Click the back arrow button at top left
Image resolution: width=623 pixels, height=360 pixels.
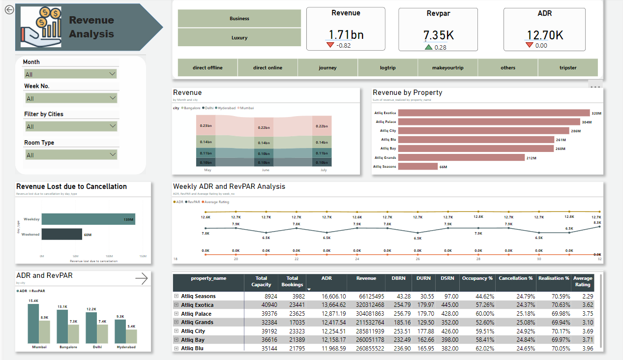tap(9, 10)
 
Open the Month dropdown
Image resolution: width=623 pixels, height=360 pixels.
tap(70, 74)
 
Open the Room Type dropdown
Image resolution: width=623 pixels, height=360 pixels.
tap(70, 155)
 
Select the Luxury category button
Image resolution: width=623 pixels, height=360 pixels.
tap(239, 37)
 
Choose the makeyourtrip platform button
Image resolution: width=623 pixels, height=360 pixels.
tap(447, 67)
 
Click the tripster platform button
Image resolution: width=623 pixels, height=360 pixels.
tap(567, 67)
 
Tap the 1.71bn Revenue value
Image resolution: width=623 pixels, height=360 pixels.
tap(346, 35)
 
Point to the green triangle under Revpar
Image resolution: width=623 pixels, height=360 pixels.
tap(429, 47)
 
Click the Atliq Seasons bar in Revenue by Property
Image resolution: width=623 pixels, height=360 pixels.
tap(417, 166)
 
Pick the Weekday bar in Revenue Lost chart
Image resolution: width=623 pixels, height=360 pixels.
tap(88, 219)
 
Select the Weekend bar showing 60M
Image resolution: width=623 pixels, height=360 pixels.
tap(61, 234)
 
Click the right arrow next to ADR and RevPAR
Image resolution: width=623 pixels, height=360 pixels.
tap(141, 279)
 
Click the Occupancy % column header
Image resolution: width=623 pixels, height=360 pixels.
tap(477, 278)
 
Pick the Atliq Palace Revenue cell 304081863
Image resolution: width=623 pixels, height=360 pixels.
tap(367, 314)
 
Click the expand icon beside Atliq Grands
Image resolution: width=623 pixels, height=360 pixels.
tap(176, 323)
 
